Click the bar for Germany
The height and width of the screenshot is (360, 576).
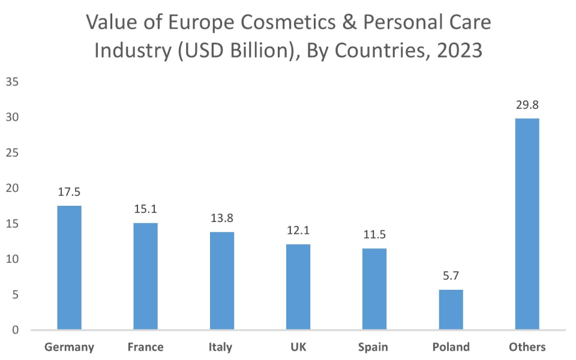69,268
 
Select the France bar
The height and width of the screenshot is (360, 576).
145,276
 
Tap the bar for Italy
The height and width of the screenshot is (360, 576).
221,281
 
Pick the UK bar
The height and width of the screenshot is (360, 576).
298,287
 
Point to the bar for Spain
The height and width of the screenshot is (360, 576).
374,289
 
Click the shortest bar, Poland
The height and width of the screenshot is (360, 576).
451,310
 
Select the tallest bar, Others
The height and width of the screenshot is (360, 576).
527,224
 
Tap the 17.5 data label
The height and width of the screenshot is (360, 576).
69,193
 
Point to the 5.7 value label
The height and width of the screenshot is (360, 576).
451,277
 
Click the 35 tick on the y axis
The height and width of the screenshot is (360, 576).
13,82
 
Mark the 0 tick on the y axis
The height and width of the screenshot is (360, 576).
16,330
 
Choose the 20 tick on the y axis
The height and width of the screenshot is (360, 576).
13,188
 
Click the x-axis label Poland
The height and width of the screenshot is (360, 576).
451,347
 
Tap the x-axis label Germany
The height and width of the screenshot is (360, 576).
69,347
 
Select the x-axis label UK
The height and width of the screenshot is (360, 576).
298,347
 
